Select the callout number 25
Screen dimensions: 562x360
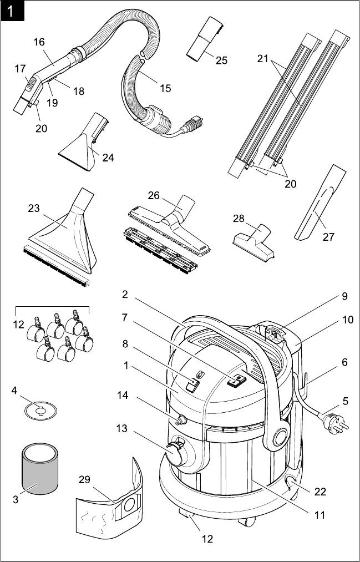pyautogui.click(x=221, y=60)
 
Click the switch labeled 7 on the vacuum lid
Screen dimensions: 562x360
pyautogui.click(x=239, y=380)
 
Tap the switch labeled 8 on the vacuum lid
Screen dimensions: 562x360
pyautogui.click(x=192, y=386)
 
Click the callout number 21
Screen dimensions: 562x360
pyautogui.click(x=263, y=58)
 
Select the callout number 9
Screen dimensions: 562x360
pyautogui.click(x=344, y=296)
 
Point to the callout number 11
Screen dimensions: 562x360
pyautogui.click(x=319, y=515)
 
